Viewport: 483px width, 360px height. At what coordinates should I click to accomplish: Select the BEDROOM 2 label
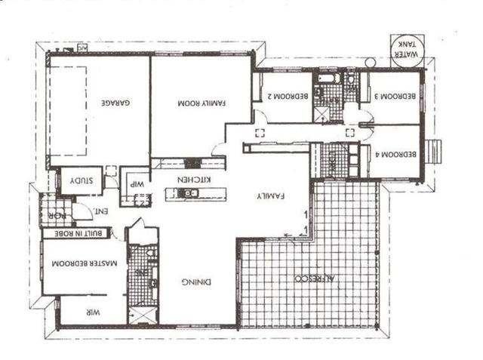286,96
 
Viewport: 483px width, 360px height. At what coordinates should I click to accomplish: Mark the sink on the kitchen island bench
188,194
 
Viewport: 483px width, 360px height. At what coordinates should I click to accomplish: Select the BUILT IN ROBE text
76,233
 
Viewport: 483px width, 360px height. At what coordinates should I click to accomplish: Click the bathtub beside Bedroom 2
329,78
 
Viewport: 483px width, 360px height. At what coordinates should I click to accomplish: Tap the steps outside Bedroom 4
432,151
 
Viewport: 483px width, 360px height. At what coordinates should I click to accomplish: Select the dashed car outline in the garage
67,110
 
